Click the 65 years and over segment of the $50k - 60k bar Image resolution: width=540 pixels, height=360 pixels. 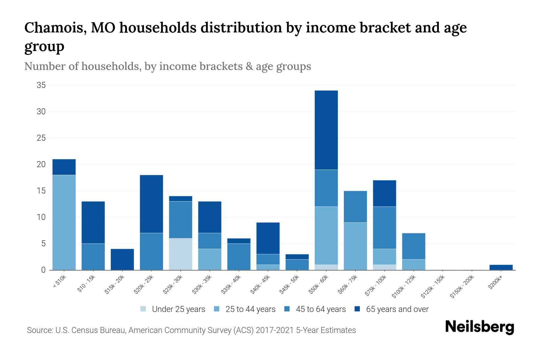coord(326,130)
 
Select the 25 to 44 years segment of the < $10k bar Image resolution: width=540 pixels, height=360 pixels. coord(64,222)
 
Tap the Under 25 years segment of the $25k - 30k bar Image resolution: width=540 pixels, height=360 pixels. coord(181,254)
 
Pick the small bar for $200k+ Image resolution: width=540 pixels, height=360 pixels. coord(501,267)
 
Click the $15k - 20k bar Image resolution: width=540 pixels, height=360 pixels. coord(122,259)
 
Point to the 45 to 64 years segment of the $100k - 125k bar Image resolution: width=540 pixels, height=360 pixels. coord(414,246)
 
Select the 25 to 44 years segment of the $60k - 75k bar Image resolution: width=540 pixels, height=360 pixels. coord(355,246)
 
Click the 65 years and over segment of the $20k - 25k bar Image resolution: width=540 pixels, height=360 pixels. coord(151,204)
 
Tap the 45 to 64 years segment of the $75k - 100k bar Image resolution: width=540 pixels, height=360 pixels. coord(385,228)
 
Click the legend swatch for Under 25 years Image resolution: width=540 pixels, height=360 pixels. coord(143,309)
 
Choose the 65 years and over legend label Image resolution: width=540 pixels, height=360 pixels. coord(397,309)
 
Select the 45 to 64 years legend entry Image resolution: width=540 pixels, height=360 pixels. coord(321,309)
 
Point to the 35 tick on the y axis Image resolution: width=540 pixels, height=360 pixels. coord(41,85)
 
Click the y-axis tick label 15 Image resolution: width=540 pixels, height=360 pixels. coord(41,191)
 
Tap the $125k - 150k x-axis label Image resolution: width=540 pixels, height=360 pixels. coord(433,286)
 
